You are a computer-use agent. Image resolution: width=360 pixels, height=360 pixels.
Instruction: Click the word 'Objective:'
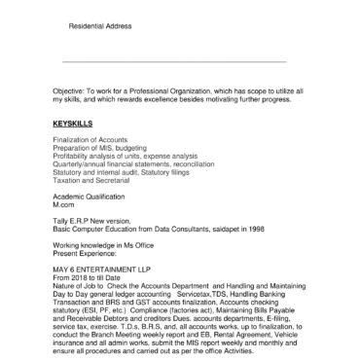pyautogui.click(x=69, y=90)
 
